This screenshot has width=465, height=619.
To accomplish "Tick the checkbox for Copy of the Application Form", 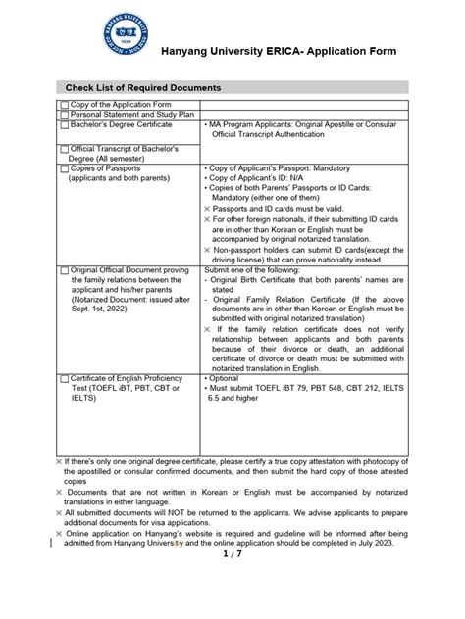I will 65,104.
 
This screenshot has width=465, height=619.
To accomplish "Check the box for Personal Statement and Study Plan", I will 65,115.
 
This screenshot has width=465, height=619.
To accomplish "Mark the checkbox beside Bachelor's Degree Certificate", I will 65,125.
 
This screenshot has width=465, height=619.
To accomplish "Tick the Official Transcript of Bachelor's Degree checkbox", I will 65,149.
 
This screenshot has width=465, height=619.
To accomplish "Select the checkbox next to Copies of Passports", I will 65,169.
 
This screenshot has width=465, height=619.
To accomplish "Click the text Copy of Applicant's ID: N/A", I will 265,179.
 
